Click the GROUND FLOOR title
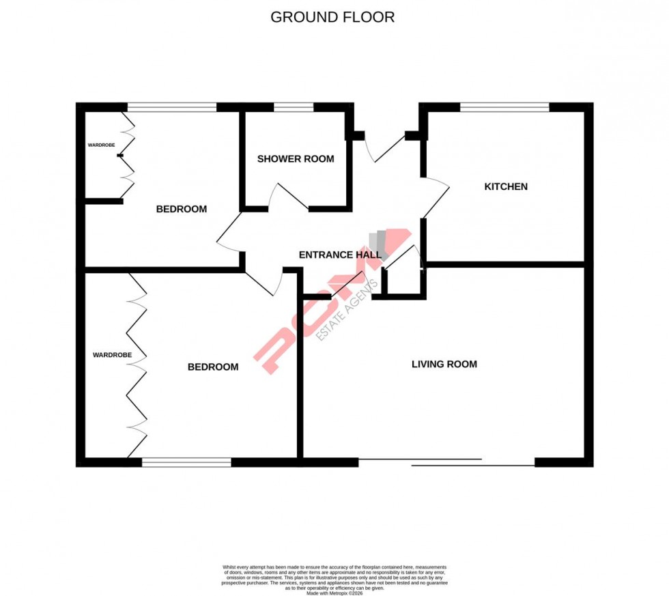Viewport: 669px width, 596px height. click(332, 17)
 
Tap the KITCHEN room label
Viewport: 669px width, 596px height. click(506, 186)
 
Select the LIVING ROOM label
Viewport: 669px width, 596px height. click(444, 364)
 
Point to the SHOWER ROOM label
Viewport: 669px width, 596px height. click(296, 159)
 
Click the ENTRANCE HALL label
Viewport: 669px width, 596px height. click(340, 255)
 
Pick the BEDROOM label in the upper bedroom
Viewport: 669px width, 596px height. click(181, 209)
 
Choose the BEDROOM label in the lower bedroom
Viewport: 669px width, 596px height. click(213, 367)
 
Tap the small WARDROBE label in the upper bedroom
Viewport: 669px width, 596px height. click(101, 145)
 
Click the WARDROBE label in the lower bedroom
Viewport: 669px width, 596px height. click(112, 355)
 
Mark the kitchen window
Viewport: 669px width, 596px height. click(504, 107)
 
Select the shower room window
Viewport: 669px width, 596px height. click(294, 107)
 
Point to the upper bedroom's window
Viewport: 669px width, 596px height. click(172, 107)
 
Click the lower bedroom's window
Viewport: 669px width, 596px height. click(186, 462)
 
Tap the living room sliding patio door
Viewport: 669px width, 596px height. click(446, 462)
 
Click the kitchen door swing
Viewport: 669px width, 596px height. click(435, 198)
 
